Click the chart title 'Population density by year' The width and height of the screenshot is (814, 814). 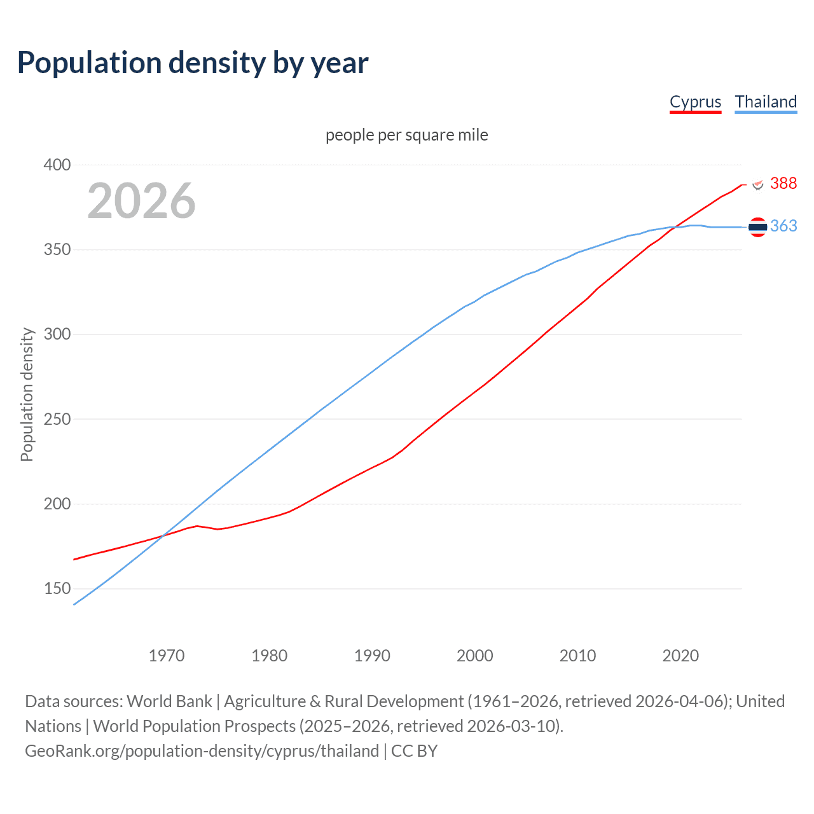point(193,63)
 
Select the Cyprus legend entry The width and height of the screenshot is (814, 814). point(695,102)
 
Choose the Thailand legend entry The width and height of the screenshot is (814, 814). point(766,102)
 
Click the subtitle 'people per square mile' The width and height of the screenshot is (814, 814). point(406,135)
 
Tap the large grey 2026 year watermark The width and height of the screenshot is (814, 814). point(141,201)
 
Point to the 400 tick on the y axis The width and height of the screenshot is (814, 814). point(57,165)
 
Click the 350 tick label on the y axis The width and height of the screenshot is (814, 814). point(57,249)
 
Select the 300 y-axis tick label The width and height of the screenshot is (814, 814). point(57,334)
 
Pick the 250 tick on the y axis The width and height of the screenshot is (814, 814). point(57,419)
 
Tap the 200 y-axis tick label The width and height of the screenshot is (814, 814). point(57,504)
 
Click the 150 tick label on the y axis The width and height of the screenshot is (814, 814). point(57,588)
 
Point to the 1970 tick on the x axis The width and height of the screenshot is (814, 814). point(167,656)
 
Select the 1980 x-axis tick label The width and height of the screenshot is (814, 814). point(270,656)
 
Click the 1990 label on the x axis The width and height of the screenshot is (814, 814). point(372,656)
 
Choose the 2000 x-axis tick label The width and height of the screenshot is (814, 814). point(475,656)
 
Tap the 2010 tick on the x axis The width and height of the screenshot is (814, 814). point(577,656)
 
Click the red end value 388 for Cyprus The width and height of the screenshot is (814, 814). point(783,183)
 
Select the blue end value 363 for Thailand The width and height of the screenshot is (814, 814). point(783,226)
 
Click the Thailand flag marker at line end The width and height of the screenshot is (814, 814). point(757,227)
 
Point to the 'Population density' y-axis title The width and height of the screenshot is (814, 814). point(27,394)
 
